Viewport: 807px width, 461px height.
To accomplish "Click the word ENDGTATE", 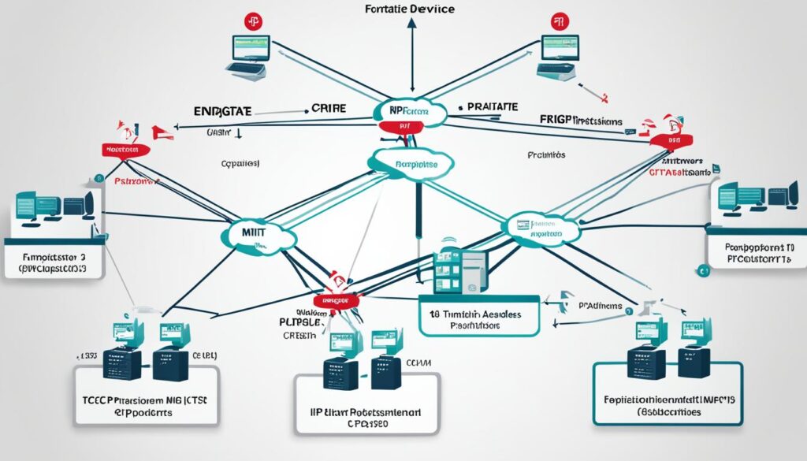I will [x=222, y=113].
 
